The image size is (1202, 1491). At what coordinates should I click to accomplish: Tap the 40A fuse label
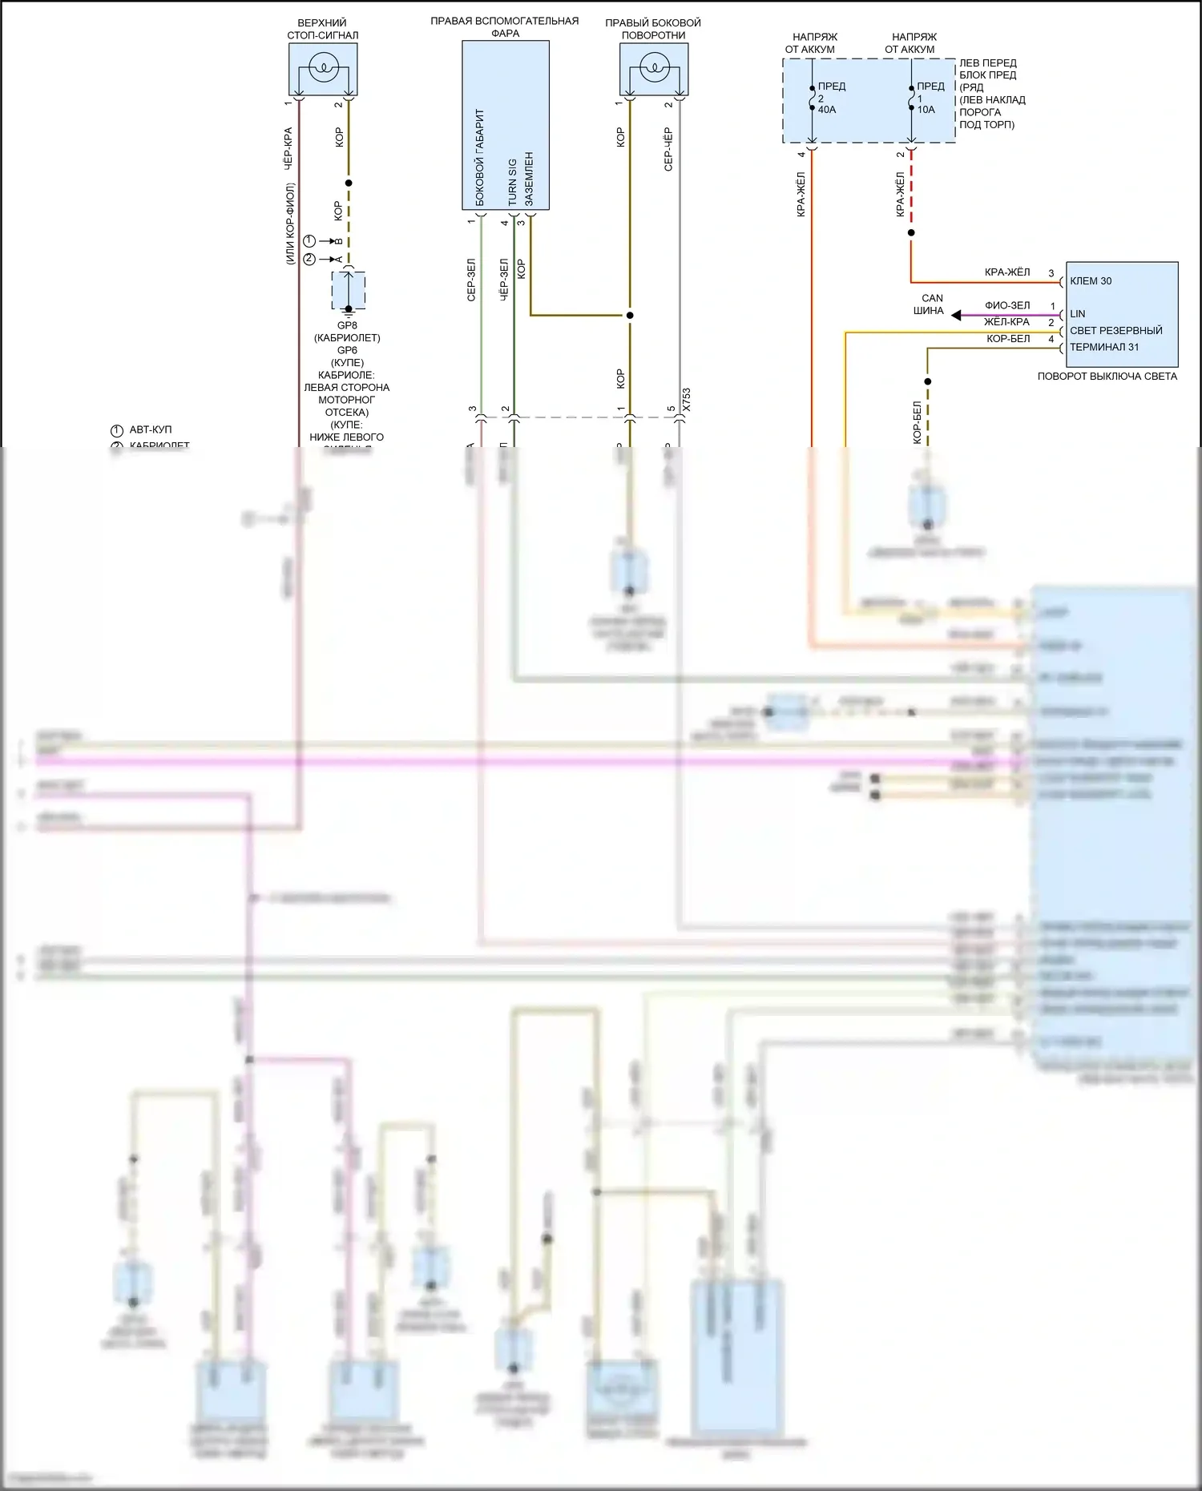pos(827,110)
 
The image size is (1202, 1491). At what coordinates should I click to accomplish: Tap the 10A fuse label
pos(926,110)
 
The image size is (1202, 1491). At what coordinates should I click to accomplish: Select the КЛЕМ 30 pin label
pos(1091,281)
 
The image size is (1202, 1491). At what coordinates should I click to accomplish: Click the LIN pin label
pos(1077,314)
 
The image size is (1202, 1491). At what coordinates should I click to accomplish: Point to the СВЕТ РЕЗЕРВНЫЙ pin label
pos(1115,331)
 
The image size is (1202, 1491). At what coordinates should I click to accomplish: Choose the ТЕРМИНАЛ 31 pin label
pos(1103,348)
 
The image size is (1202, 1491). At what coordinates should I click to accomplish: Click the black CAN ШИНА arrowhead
pos(956,316)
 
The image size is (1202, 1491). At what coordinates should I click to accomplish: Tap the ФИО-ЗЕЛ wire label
pos(1007,305)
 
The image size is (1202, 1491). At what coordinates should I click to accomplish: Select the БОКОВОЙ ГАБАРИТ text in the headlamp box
pos(480,158)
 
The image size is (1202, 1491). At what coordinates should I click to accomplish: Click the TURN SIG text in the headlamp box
pos(512,182)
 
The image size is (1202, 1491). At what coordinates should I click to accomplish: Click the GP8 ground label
pos(347,326)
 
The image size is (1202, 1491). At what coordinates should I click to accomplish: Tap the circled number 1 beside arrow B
pos(310,241)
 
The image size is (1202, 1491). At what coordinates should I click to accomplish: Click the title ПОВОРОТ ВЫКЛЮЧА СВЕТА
pos(1107,377)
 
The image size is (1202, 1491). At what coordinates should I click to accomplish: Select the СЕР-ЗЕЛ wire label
pos(471,280)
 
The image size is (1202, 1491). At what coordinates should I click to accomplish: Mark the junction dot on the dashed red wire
pos(911,233)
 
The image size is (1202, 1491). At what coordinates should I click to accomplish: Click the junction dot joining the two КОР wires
pos(630,316)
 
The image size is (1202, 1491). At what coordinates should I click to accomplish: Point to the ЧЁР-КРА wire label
pos(288,148)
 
